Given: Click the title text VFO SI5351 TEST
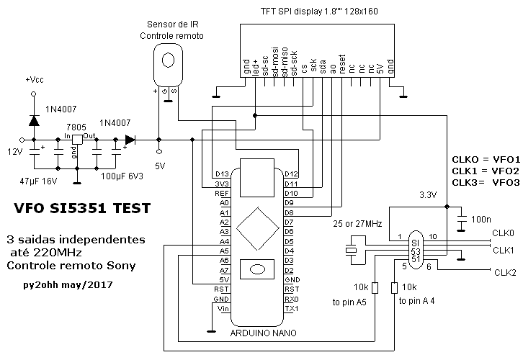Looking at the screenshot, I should [x=81, y=209].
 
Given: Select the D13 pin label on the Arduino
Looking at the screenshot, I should [x=222, y=174].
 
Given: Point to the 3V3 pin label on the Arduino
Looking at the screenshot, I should [x=222, y=184].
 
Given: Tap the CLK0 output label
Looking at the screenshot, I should [x=503, y=233].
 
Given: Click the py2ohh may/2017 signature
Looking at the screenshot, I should [x=68, y=286].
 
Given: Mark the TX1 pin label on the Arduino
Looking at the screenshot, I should [x=292, y=309].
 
